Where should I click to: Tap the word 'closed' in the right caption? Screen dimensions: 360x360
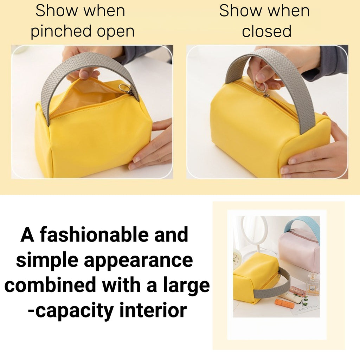(266, 31)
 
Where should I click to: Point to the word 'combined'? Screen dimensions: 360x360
(50, 285)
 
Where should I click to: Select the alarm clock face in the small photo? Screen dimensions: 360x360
(237, 259)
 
